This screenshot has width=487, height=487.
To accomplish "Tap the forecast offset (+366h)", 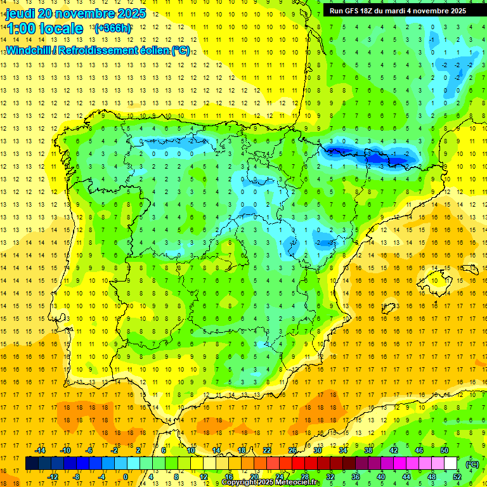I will pyautogui.click(x=112, y=28).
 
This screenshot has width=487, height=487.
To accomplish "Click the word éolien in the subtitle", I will pyautogui.click(x=150, y=50).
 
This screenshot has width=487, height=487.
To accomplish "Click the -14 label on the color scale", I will pyautogui.click(x=41, y=450).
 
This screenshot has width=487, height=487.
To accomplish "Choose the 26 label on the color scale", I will pyautogui.click(x=292, y=450).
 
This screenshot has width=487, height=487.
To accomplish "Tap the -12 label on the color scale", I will pyautogui.click(x=53, y=477).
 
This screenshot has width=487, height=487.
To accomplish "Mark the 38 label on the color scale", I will pyautogui.click(x=368, y=450).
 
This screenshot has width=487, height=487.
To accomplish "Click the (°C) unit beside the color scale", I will pyautogui.click(x=472, y=464).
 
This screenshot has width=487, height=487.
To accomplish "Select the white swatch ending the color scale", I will pyautogui.click(x=451, y=464).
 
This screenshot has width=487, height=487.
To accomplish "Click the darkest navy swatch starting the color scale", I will pyautogui.click(x=32, y=464).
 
